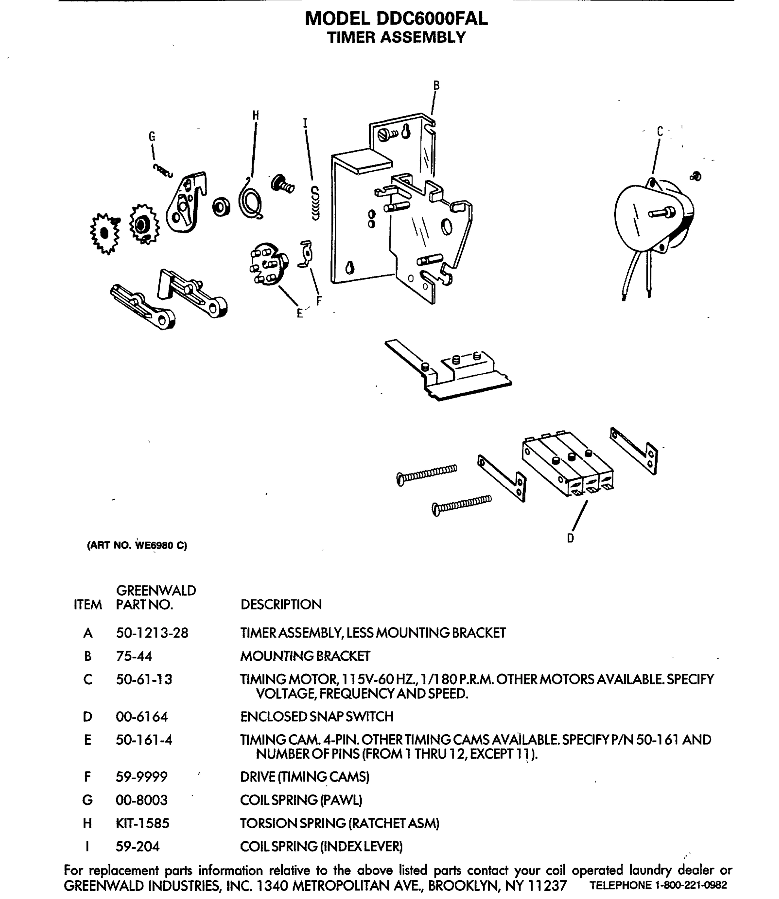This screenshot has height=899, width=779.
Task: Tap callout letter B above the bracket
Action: point(436,85)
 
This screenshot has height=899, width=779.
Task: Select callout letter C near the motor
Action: point(660,131)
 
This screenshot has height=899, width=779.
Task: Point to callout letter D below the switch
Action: point(570,538)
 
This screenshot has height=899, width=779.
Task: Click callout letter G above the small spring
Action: point(152,137)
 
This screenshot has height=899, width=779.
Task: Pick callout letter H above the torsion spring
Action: point(255,116)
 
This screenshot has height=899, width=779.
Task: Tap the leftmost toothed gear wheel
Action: point(104,233)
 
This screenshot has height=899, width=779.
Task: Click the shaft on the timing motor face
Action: point(662,213)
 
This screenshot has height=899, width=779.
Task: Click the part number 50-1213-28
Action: point(152,633)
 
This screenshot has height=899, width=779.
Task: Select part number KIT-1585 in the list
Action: point(142,823)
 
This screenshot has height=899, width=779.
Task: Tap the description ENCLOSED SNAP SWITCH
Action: point(316,717)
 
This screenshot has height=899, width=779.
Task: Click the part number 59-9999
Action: point(141,777)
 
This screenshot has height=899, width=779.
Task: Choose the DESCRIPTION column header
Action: point(281,604)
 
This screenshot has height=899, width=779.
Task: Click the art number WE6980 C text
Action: point(161,545)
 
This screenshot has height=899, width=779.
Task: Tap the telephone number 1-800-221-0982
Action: point(690,885)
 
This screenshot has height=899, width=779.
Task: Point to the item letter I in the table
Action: point(87,846)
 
